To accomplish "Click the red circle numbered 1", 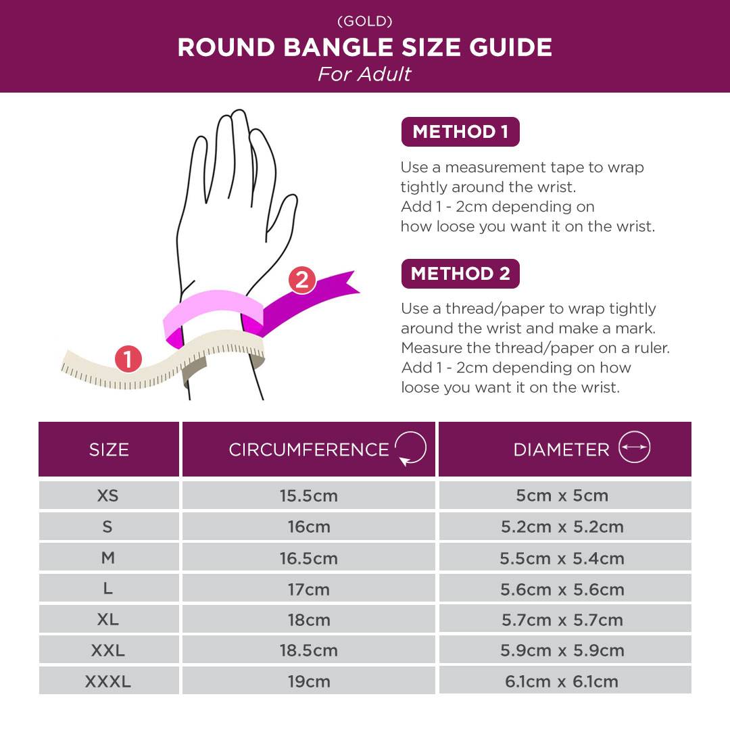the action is click(128, 359).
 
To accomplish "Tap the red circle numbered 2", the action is click(301, 281).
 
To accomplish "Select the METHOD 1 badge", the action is click(460, 132).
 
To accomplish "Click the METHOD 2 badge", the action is click(460, 274).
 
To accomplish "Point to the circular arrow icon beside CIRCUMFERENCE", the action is click(411, 448).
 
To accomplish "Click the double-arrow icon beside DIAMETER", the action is click(634, 447).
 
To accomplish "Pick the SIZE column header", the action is click(109, 449).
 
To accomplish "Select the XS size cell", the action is click(109, 495).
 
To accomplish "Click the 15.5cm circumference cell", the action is click(309, 495).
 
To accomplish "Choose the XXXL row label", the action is click(108, 681).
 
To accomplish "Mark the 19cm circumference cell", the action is click(309, 681).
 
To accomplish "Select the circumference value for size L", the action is click(309, 589).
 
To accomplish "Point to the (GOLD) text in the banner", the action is click(365, 22).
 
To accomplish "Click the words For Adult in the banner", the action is click(364, 74).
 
